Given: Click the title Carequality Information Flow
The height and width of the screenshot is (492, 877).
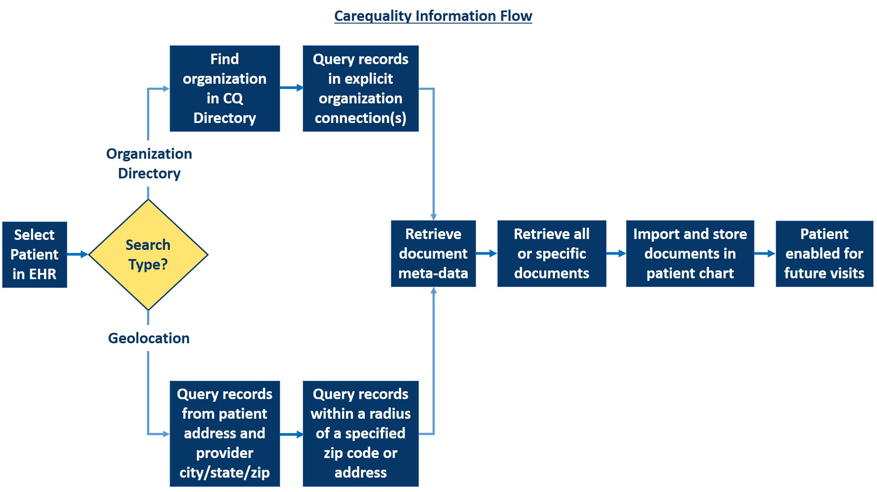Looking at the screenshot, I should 433,16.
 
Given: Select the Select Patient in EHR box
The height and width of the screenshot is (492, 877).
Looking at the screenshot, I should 34,254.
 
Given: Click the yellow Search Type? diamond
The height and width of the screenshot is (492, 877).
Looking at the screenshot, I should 148,255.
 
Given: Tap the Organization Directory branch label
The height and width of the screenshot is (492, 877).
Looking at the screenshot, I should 149,164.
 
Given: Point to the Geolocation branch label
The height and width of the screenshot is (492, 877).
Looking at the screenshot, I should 149,338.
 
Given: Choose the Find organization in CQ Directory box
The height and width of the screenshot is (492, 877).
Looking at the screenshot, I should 225,89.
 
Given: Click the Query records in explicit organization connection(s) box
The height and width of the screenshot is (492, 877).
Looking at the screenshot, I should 360,89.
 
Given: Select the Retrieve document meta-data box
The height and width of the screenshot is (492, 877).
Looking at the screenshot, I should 433,253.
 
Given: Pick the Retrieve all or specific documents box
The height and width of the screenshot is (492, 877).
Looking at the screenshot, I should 552,253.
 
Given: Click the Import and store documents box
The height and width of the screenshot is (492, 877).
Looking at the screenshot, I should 690,253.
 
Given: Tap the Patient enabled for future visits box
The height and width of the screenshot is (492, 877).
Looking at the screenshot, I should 824,253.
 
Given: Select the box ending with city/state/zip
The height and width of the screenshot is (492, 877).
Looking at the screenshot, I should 225,434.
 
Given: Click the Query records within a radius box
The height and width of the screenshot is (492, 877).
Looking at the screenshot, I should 360,434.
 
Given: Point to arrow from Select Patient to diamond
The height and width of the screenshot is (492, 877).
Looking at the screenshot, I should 78,254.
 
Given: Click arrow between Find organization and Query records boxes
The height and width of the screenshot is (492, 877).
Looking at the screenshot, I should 291,88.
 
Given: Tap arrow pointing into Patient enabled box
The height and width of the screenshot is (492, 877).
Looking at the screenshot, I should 764,253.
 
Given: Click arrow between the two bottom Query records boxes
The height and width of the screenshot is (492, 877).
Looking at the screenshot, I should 291,434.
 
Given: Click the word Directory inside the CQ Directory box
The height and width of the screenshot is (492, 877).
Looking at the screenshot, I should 225,118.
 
